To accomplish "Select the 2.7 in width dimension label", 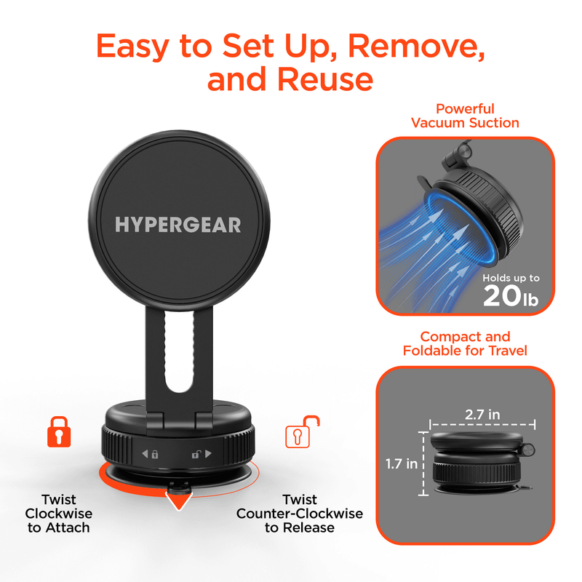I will tap(482, 414).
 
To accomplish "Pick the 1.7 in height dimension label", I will tap(401, 463).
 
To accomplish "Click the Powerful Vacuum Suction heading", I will tap(465, 116).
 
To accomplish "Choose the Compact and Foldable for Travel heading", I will tap(466, 343).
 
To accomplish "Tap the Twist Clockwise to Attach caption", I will tap(59, 514).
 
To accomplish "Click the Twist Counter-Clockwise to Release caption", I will tap(300, 514).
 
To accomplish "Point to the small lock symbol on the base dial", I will tap(155, 455).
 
